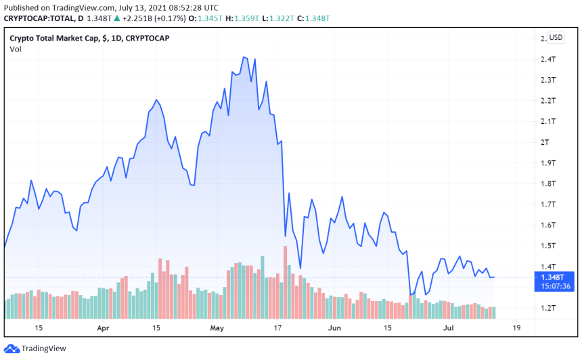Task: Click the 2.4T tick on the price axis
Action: [x=547, y=60]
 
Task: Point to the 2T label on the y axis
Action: [x=544, y=142]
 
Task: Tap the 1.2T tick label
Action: [x=547, y=308]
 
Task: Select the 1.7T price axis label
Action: [x=547, y=204]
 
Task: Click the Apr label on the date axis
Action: [x=104, y=328]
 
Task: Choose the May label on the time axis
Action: [x=217, y=328]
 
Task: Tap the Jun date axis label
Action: [x=334, y=328]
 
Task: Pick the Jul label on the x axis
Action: [x=448, y=328]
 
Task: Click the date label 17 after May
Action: [x=276, y=328]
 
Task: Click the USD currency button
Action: [x=556, y=38]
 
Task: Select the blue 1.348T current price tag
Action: [x=556, y=276]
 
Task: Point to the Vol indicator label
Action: [x=15, y=49]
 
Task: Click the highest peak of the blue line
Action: [x=244, y=57]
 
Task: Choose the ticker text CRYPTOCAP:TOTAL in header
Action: [x=36, y=18]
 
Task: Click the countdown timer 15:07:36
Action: [x=556, y=286]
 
